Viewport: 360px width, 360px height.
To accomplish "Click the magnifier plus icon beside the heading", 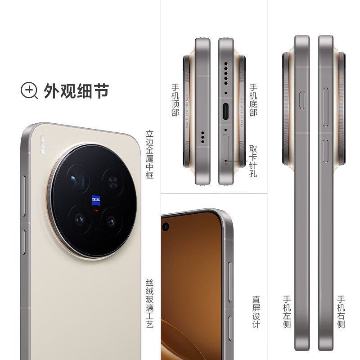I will pos(29,90).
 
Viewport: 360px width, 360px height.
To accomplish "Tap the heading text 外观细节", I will pos(76,91).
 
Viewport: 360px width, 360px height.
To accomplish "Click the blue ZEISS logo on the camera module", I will pos(96,200).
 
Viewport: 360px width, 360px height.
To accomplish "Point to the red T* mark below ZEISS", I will pos(95,210).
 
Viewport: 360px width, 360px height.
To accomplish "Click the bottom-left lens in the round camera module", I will pos(80,219).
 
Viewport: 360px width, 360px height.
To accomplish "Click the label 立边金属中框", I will pos(150,154).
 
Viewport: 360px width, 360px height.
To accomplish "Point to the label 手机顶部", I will pos(175,99).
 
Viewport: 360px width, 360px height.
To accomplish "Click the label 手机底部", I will pos(253,99).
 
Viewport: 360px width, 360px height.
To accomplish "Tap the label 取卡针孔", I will pos(253,161).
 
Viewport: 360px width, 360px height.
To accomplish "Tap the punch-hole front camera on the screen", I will pos(166,225).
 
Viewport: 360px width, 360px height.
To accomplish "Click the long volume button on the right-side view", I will pos(326,101).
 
